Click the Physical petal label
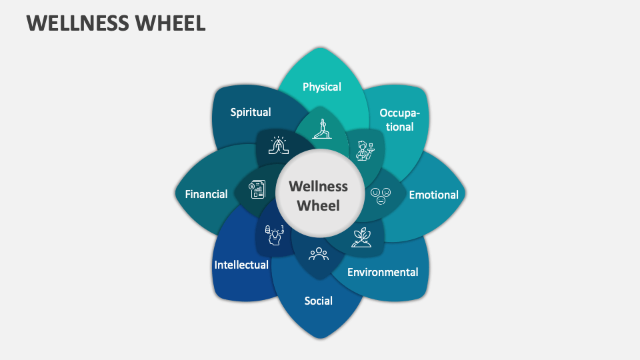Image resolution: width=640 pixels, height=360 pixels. pyautogui.click(x=322, y=87)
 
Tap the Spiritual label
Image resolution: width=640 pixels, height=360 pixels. pyautogui.click(x=251, y=112)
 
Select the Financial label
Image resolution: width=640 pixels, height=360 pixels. pyautogui.click(x=206, y=195)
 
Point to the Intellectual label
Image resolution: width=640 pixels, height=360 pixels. pyautogui.click(x=241, y=265)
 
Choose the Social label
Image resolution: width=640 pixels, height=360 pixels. pyautogui.click(x=319, y=301)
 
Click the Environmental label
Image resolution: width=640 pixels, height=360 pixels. pyautogui.click(x=383, y=272)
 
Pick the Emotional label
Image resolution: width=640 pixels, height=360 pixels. pyautogui.click(x=433, y=195)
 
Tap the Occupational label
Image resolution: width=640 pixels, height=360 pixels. pyautogui.click(x=400, y=119)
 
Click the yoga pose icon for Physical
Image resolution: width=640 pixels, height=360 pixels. pyautogui.click(x=323, y=128)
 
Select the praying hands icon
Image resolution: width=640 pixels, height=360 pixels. pyautogui.click(x=277, y=147)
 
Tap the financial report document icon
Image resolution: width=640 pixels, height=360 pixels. pyautogui.click(x=257, y=191)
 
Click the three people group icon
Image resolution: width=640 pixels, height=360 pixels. pyautogui.click(x=319, y=254)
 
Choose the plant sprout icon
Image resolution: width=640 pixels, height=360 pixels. pyautogui.click(x=363, y=237)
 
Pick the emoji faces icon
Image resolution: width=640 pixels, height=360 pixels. pyautogui.click(x=381, y=195)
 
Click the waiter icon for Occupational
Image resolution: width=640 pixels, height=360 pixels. pyautogui.click(x=363, y=150)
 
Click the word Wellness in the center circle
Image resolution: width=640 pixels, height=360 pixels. pyautogui.click(x=319, y=186)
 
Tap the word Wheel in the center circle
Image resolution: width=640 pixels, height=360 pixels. pyautogui.click(x=319, y=205)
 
